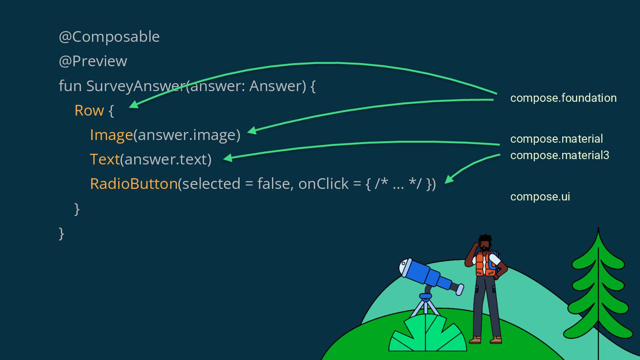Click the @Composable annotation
[109, 37]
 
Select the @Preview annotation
[93, 61]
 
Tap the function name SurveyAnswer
[135, 86]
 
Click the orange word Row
[89, 110]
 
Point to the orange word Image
[111, 135]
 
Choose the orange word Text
[104, 159]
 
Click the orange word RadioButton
[133, 184]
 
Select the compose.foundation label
[563, 98]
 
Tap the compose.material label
[556, 139]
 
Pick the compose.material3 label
[560, 156]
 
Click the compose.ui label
[540, 197]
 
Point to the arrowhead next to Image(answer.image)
[252, 130]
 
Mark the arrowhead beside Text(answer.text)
[228, 158]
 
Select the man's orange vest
[485, 264]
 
